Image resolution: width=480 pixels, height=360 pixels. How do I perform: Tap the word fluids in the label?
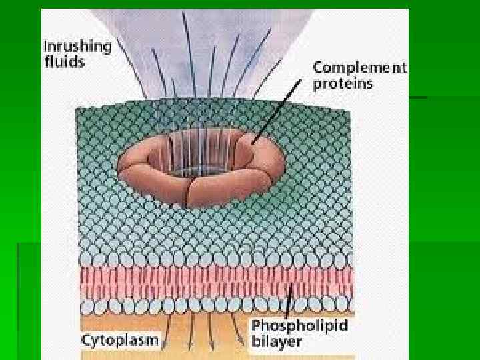(64, 62)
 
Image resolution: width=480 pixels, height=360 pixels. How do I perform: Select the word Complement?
(359, 67)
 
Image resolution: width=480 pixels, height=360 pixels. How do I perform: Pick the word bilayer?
(277, 343)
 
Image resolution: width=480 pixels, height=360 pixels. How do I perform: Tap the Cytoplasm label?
(121, 340)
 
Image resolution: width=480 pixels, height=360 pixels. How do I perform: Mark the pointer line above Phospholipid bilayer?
(288, 300)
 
